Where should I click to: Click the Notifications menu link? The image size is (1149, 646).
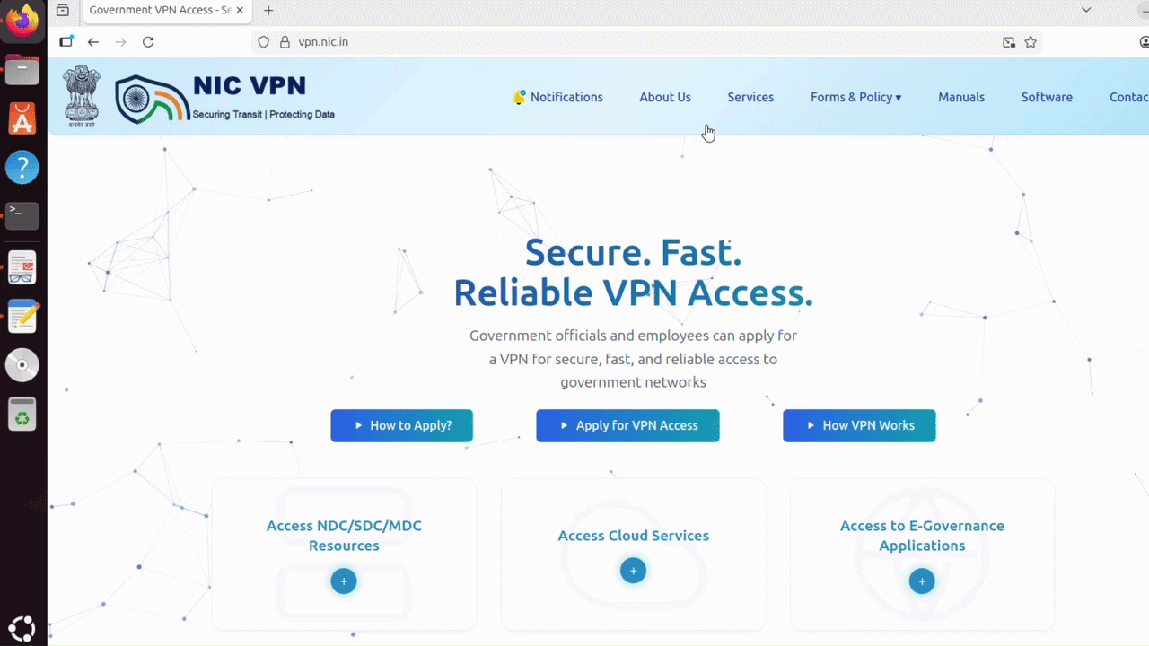pos(558,97)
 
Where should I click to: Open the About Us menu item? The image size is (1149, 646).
pos(665,97)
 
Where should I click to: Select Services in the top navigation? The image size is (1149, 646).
pos(750,97)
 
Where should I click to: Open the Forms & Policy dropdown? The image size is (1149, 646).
pos(855,97)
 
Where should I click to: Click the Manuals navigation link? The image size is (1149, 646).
pos(961,97)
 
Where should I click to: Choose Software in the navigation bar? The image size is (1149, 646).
pos(1047,97)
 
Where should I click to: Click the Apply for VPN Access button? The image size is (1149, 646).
pos(627,425)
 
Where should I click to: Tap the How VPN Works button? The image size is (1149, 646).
pos(859,425)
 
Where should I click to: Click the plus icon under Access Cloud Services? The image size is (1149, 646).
pos(633,571)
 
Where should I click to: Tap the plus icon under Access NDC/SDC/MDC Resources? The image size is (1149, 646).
pos(344,581)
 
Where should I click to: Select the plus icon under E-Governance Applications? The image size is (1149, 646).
pos(922,581)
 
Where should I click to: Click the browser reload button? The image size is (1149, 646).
pos(148,42)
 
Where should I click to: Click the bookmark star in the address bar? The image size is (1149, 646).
pos(1031,42)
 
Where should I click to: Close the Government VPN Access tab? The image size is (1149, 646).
pos(240,10)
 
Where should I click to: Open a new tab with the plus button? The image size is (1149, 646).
pos(268,10)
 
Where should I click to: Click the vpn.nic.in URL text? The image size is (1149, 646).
pos(323,42)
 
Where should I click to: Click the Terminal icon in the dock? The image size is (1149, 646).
pos(22,215)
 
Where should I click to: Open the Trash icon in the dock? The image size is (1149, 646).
pos(22,414)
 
